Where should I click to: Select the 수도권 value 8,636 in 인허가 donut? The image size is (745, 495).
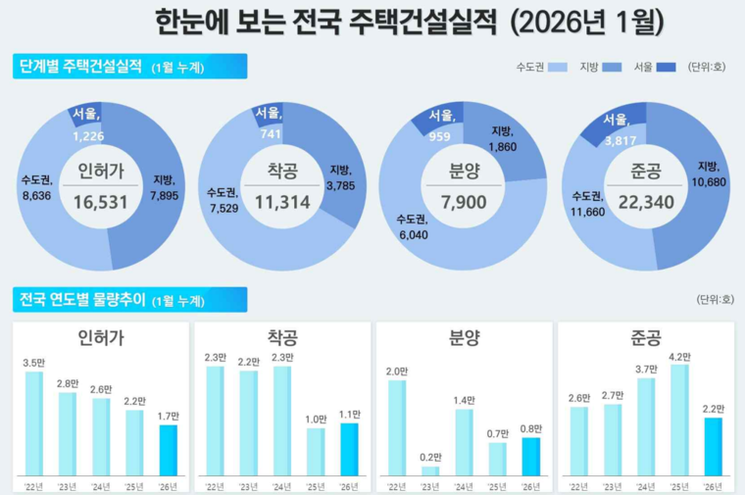pos(36,196)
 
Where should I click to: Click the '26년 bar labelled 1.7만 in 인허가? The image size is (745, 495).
pos(169,450)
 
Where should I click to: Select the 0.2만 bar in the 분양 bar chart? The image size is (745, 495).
pos(430,470)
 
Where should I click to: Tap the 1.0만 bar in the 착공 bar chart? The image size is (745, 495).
pos(316,452)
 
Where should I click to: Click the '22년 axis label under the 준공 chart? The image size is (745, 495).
pos(578,486)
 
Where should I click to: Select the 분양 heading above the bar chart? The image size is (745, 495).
pos(464,338)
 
